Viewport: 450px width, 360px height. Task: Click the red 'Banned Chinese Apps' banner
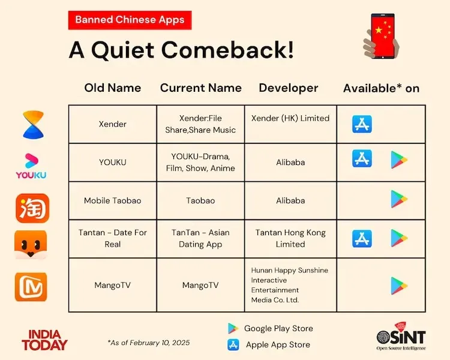[x=130, y=19]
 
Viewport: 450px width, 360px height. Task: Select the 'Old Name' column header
[x=113, y=88]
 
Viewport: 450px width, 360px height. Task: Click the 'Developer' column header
[x=289, y=88]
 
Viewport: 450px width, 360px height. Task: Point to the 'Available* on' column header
[x=381, y=88]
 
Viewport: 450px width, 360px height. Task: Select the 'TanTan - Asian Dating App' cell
[x=200, y=238]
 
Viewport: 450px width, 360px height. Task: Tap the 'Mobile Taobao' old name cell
[x=113, y=200]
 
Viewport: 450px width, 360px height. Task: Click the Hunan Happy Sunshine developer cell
[x=290, y=285]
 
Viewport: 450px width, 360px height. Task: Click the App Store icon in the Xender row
[x=362, y=124]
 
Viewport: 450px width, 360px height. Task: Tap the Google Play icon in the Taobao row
[x=399, y=199]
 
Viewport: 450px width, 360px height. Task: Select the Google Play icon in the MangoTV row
[x=399, y=286]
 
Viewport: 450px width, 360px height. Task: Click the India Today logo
[x=45, y=340]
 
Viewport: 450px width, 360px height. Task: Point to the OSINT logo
[x=401, y=339]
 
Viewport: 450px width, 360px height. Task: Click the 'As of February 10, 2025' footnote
[x=149, y=343]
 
